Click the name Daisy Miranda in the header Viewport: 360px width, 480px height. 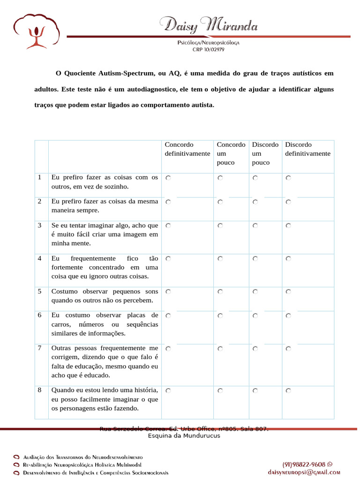209,24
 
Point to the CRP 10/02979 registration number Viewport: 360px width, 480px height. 208,49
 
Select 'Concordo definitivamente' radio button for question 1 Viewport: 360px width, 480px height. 168,178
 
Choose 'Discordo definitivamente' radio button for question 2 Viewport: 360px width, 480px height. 288,202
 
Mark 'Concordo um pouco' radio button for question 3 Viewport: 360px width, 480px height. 220,225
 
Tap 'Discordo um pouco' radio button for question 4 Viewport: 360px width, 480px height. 255,258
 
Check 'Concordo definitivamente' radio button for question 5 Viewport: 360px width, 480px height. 168,292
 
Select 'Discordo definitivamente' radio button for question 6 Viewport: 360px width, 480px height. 288,315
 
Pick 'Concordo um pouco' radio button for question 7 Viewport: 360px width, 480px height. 220,349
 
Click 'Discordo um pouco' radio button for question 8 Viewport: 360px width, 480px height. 255,390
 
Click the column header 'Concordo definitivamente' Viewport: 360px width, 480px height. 187,149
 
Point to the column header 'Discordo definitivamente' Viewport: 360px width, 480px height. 307,149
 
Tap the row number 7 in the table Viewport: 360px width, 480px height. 40,348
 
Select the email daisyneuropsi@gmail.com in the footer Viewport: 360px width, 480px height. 304,472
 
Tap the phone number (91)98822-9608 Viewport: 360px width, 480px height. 304,464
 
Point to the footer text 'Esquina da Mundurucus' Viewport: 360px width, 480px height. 184,435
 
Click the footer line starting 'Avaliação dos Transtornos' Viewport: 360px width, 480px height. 82,457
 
